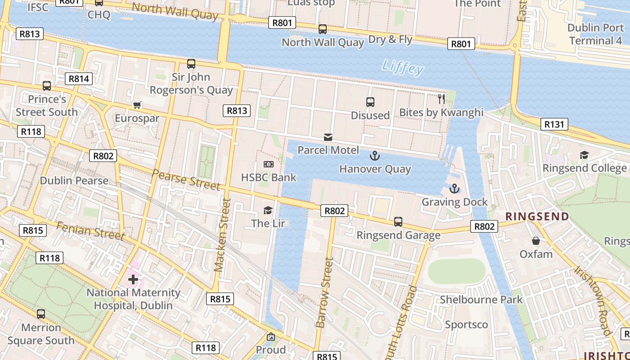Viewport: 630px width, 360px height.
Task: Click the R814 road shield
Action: click(79, 79)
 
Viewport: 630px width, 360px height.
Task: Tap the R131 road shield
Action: click(554, 124)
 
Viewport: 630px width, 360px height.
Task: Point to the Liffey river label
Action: click(403, 68)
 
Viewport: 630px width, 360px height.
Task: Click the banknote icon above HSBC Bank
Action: click(269, 164)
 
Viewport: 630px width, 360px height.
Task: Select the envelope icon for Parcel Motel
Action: click(328, 137)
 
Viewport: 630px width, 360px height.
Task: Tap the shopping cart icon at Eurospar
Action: click(137, 105)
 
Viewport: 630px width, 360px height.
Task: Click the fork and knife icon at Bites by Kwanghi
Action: click(441, 99)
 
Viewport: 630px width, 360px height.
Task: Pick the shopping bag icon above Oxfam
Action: click(535, 241)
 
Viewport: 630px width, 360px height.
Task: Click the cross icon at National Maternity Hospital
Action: click(133, 279)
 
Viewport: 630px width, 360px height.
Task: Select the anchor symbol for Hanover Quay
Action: click(375, 156)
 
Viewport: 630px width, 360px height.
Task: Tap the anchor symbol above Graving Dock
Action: click(454, 189)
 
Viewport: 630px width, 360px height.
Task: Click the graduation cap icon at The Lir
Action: click(268, 210)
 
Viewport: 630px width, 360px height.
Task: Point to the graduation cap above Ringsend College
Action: click(584, 155)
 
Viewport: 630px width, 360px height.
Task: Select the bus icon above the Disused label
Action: click(370, 102)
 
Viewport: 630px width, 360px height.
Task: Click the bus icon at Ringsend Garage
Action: click(398, 221)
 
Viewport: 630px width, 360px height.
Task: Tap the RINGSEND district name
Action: click(537, 216)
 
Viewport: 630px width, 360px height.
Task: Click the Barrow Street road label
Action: click(324, 292)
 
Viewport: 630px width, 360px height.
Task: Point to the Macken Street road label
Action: click(223, 235)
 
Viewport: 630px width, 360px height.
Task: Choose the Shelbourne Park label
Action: click(481, 300)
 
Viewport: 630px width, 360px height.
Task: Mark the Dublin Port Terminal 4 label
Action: click(595, 34)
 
